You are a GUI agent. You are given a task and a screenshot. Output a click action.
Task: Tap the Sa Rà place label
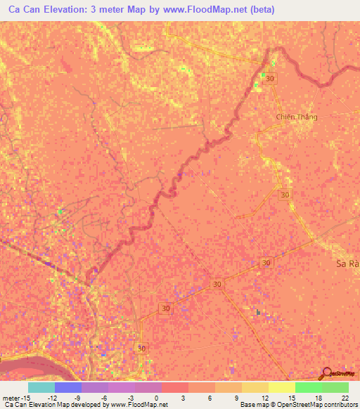pos(347,265)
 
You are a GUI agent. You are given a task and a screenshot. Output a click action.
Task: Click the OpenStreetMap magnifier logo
pos(328,374)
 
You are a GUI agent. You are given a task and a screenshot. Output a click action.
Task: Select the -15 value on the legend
pos(24,398)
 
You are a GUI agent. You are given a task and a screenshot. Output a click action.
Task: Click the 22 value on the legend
pos(345,398)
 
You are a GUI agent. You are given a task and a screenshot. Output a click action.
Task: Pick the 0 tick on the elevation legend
pos(155,398)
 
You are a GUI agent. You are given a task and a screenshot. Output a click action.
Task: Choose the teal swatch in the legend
pos(41,387)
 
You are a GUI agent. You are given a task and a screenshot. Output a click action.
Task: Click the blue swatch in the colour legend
pos(67,387)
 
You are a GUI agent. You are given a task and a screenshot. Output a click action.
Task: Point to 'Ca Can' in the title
pos(25,10)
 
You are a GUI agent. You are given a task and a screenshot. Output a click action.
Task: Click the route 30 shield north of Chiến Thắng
pos(271,78)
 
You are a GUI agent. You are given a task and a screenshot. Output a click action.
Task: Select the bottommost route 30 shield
pos(142,349)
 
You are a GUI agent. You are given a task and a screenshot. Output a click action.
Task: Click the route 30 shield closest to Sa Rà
pos(265,262)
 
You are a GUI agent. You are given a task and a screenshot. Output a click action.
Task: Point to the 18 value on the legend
pos(319,398)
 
